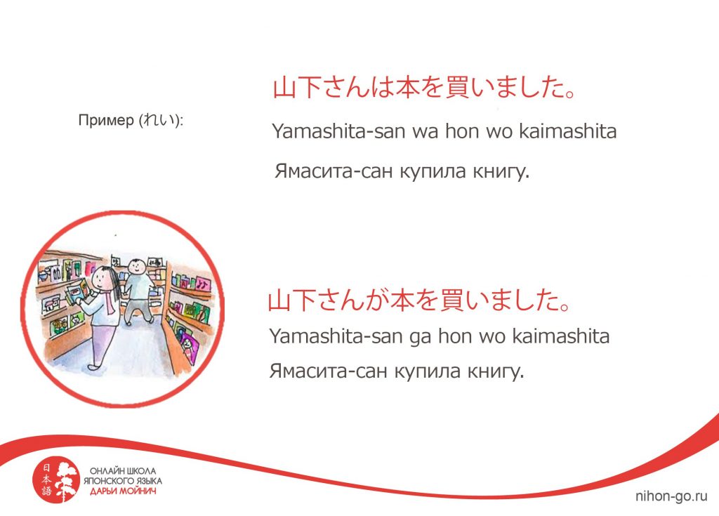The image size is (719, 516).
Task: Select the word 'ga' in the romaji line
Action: (420, 337)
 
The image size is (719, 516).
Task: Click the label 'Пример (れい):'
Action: (131, 120)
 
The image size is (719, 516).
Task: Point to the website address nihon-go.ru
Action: (671, 496)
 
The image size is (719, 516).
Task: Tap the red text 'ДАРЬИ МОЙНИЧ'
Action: (123, 491)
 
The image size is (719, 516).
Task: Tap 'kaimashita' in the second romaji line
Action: (561, 336)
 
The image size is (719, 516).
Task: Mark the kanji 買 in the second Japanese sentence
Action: (451, 300)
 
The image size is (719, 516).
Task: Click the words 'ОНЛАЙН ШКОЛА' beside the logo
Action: (123, 471)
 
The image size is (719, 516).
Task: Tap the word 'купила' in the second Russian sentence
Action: (428, 371)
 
